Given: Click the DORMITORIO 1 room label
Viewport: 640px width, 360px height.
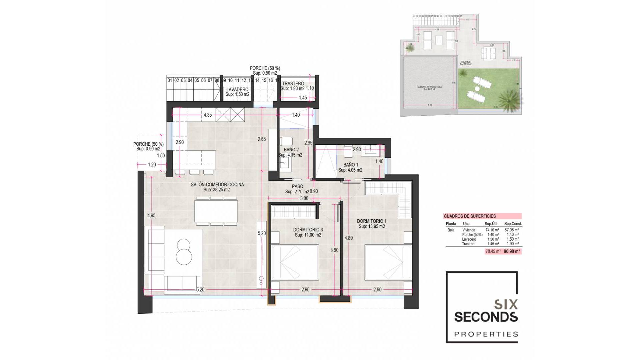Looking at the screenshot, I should pos(372,221).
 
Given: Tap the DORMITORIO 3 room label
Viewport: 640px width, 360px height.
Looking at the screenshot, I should pos(308,230).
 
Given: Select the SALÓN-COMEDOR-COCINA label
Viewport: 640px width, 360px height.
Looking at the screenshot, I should pos(217,185).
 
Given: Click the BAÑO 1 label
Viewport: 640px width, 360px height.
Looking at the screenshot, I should pos(351,165).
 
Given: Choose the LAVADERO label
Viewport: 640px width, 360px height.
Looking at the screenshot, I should pos(237,90).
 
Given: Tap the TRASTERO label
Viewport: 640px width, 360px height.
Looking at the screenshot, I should pos(293,84).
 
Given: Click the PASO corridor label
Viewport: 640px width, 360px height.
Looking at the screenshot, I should pos(297,187).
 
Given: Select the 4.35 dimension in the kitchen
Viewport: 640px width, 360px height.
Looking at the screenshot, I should pos(208,115).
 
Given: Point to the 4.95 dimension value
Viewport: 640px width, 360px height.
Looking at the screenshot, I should pos(151,216).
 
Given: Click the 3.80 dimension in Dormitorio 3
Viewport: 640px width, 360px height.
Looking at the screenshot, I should pos(334,250).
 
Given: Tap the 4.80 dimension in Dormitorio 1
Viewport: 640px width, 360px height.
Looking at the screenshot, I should pos(348,238).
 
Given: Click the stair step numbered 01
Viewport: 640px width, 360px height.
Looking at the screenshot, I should pos(170,80).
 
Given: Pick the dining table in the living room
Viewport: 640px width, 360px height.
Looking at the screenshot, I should pos(216,211).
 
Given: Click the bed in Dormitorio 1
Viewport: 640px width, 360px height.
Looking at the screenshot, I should pos(383,262).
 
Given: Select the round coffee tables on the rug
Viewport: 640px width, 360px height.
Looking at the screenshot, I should pos(184,252).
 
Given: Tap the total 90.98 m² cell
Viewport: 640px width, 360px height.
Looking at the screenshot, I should pos(512,252).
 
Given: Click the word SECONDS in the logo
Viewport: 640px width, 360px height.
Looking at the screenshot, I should pos(486,317).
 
